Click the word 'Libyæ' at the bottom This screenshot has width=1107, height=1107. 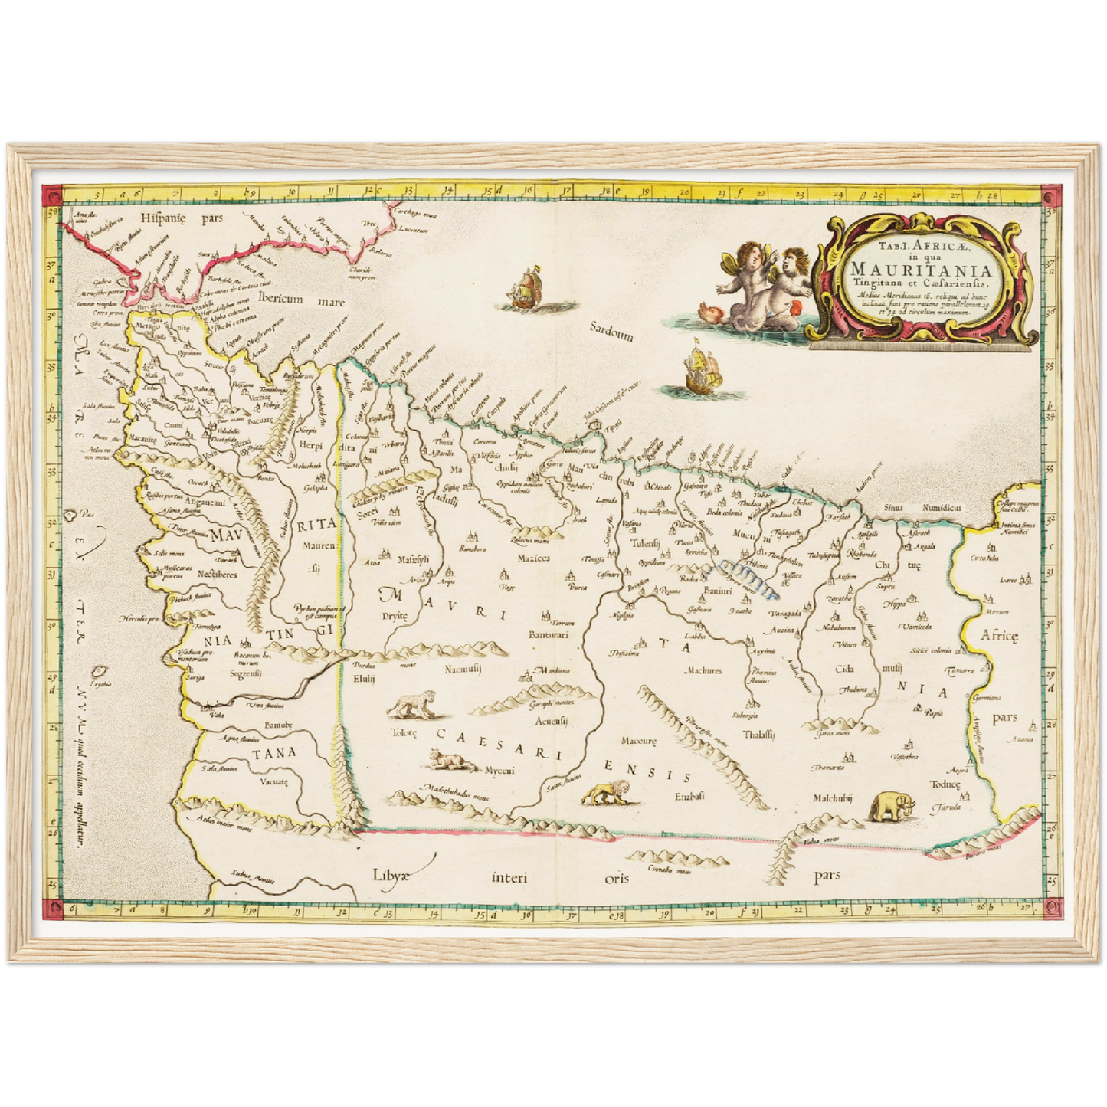[392, 876]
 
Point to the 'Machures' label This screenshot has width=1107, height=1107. [703, 670]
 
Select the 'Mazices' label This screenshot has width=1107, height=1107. [533, 558]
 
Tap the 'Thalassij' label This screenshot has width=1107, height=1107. [758, 734]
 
